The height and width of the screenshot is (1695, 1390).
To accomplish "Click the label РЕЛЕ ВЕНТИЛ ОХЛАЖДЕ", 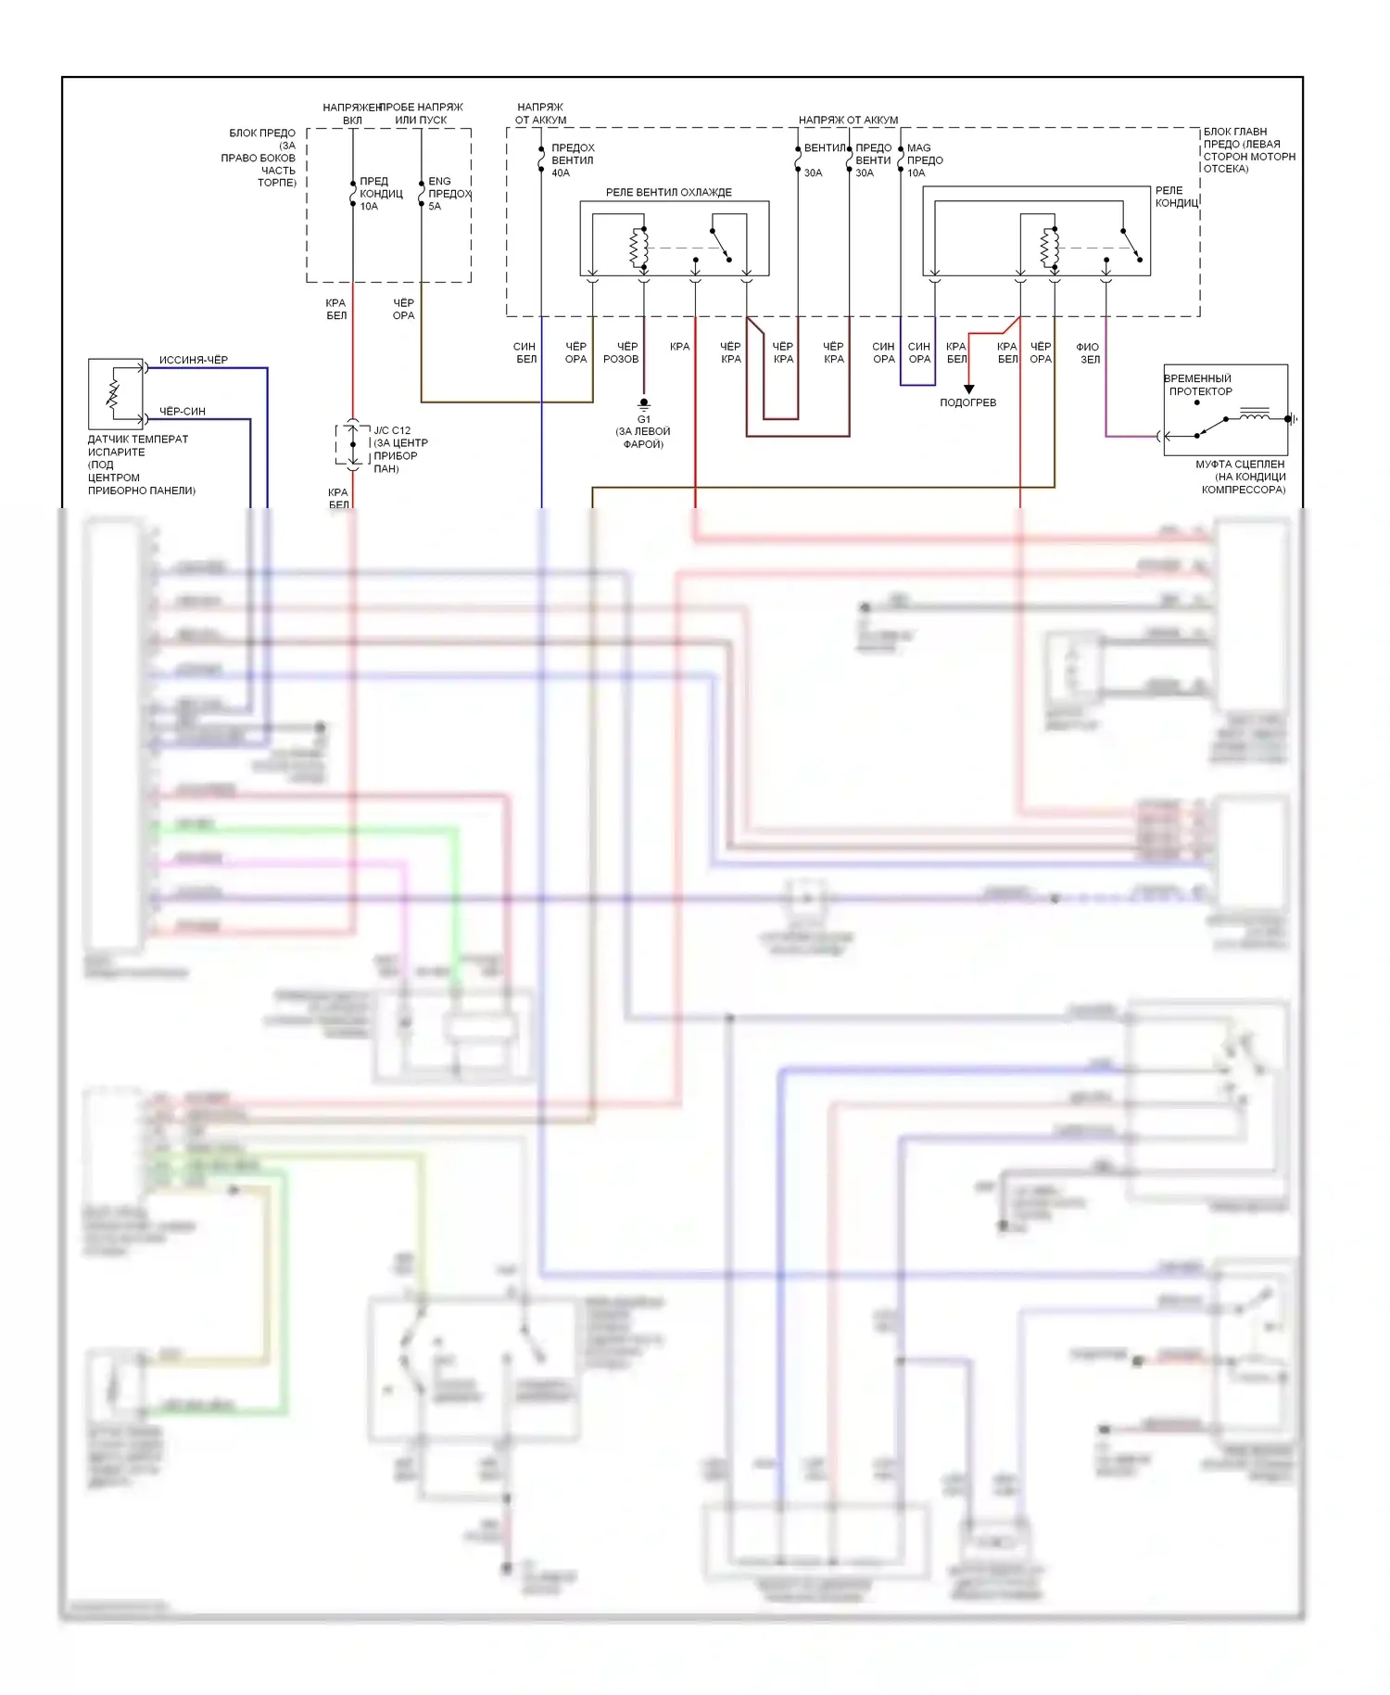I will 668,192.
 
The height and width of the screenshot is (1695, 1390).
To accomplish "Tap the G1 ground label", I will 643,419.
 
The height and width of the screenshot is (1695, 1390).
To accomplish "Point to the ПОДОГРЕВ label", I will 967,402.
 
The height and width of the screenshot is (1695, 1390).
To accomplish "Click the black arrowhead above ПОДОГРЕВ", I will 968,389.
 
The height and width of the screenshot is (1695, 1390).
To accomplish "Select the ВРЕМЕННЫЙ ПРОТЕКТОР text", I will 1198,385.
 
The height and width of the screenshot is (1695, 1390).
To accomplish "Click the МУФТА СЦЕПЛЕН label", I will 1240,464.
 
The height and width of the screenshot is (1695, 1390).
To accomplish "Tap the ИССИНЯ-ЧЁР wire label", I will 193,360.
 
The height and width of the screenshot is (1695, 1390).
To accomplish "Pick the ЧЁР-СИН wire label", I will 182,411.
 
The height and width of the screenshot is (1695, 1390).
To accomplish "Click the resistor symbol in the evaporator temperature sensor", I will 114,393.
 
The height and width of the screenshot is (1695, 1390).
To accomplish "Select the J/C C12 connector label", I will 391,430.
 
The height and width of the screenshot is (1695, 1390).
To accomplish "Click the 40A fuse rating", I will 561,173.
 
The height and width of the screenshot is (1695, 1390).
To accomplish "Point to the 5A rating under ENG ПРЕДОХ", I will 435,206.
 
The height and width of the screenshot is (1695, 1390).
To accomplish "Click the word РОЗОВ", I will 621,359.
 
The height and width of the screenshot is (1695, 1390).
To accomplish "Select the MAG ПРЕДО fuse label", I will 924,154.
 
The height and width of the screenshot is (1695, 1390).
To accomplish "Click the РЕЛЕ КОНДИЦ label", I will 1175,197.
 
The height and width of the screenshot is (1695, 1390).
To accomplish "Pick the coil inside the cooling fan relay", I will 638,248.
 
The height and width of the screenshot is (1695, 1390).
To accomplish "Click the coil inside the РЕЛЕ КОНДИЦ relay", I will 1048,248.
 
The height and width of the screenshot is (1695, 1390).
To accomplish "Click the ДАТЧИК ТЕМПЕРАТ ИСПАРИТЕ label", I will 137,445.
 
